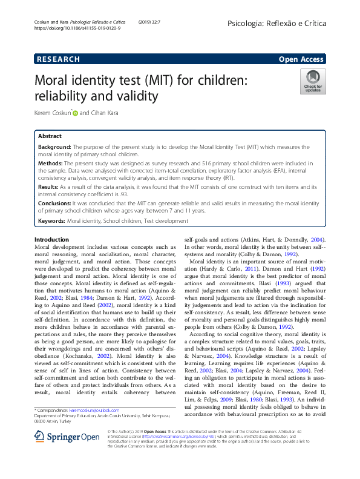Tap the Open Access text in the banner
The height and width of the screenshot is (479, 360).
[x=301, y=59]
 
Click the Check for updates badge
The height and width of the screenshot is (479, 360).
[x=313, y=82]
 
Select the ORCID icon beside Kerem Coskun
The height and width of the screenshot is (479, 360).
[x=76, y=113]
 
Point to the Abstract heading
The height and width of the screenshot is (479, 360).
[x=50, y=137]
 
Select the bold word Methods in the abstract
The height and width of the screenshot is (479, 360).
[x=50, y=164]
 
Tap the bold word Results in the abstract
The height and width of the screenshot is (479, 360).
[x=49, y=188]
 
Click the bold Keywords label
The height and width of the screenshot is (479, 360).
[x=51, y=222]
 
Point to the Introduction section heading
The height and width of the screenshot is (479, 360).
[x=52, y=240]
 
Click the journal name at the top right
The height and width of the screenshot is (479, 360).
[x=277, y=22]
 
